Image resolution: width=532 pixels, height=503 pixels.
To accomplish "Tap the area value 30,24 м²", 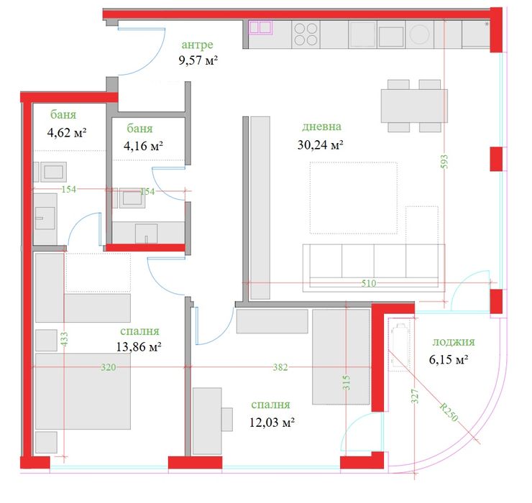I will tap(320, 144).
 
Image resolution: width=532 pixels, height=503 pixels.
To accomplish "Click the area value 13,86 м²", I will tap(138, 346).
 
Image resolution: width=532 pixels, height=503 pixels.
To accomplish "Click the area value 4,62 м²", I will tap(67, 132).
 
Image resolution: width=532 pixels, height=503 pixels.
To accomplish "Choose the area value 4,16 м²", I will tap(143, 144).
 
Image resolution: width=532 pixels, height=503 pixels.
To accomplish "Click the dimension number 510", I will tap(369, 284).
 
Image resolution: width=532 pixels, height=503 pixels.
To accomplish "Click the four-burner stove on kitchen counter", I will tap(307, 34).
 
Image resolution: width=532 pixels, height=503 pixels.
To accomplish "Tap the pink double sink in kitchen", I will tap(260, 28).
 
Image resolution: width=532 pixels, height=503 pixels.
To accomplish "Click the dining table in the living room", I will tap(413, 106).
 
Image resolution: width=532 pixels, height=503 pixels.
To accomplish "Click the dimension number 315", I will tap(347, 381).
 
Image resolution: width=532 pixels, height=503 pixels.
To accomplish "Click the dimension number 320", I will tap(109, 367).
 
